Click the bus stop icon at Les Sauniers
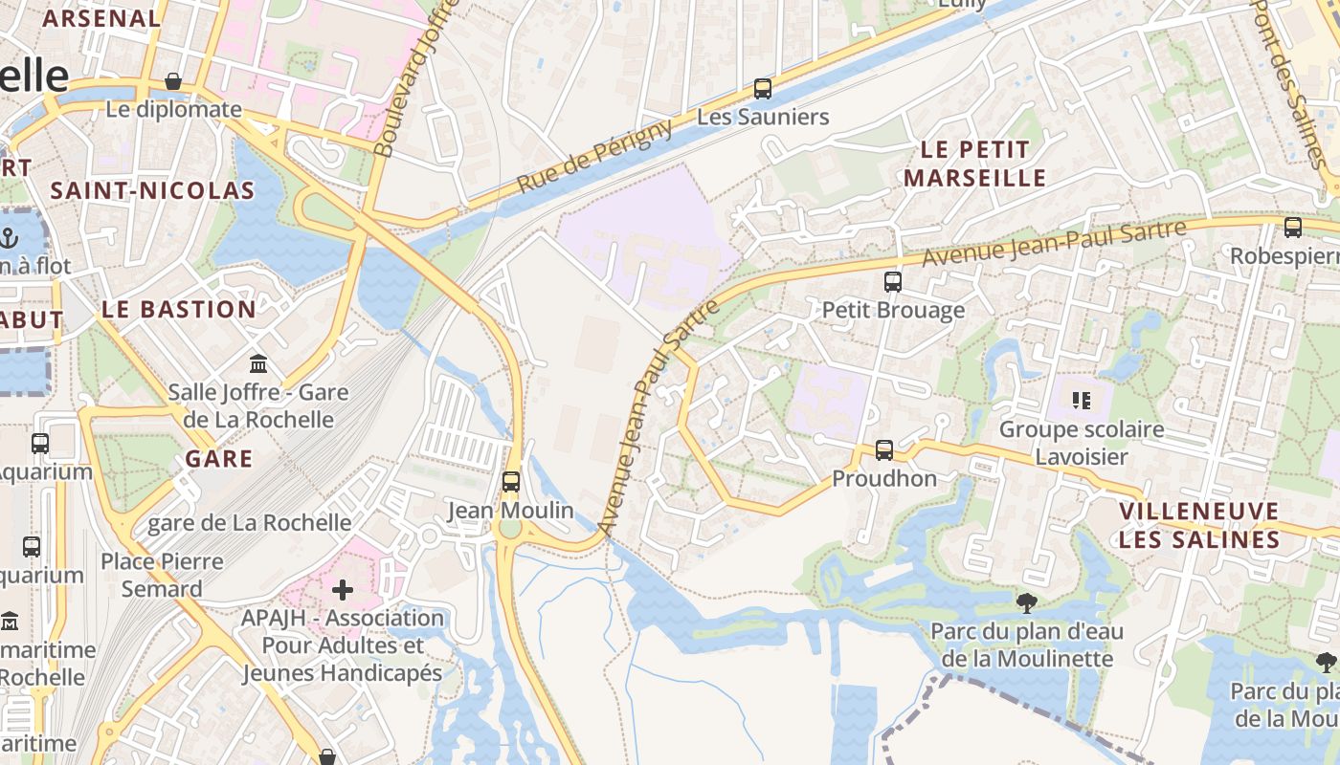coord(762,89)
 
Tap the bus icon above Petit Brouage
coord(892,282)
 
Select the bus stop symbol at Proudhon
coord(883,450)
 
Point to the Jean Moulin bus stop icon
coord(511,482)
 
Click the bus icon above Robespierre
coord(1292,228)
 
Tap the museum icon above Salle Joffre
coord(258,364)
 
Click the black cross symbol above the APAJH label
coord(342,589)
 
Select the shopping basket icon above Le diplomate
coord(173,81)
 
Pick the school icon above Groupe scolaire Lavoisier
coord(1082,401)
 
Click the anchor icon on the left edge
coord(10,237)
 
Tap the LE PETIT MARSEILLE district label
coord(975,164)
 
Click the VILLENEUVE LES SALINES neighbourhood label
coord(1199,525)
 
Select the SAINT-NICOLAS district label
coord(152,190)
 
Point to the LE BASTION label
coord(179,309)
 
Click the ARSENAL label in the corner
coord(101,18)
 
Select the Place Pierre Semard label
coord(162,575)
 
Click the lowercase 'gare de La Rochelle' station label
coord(249,523)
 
